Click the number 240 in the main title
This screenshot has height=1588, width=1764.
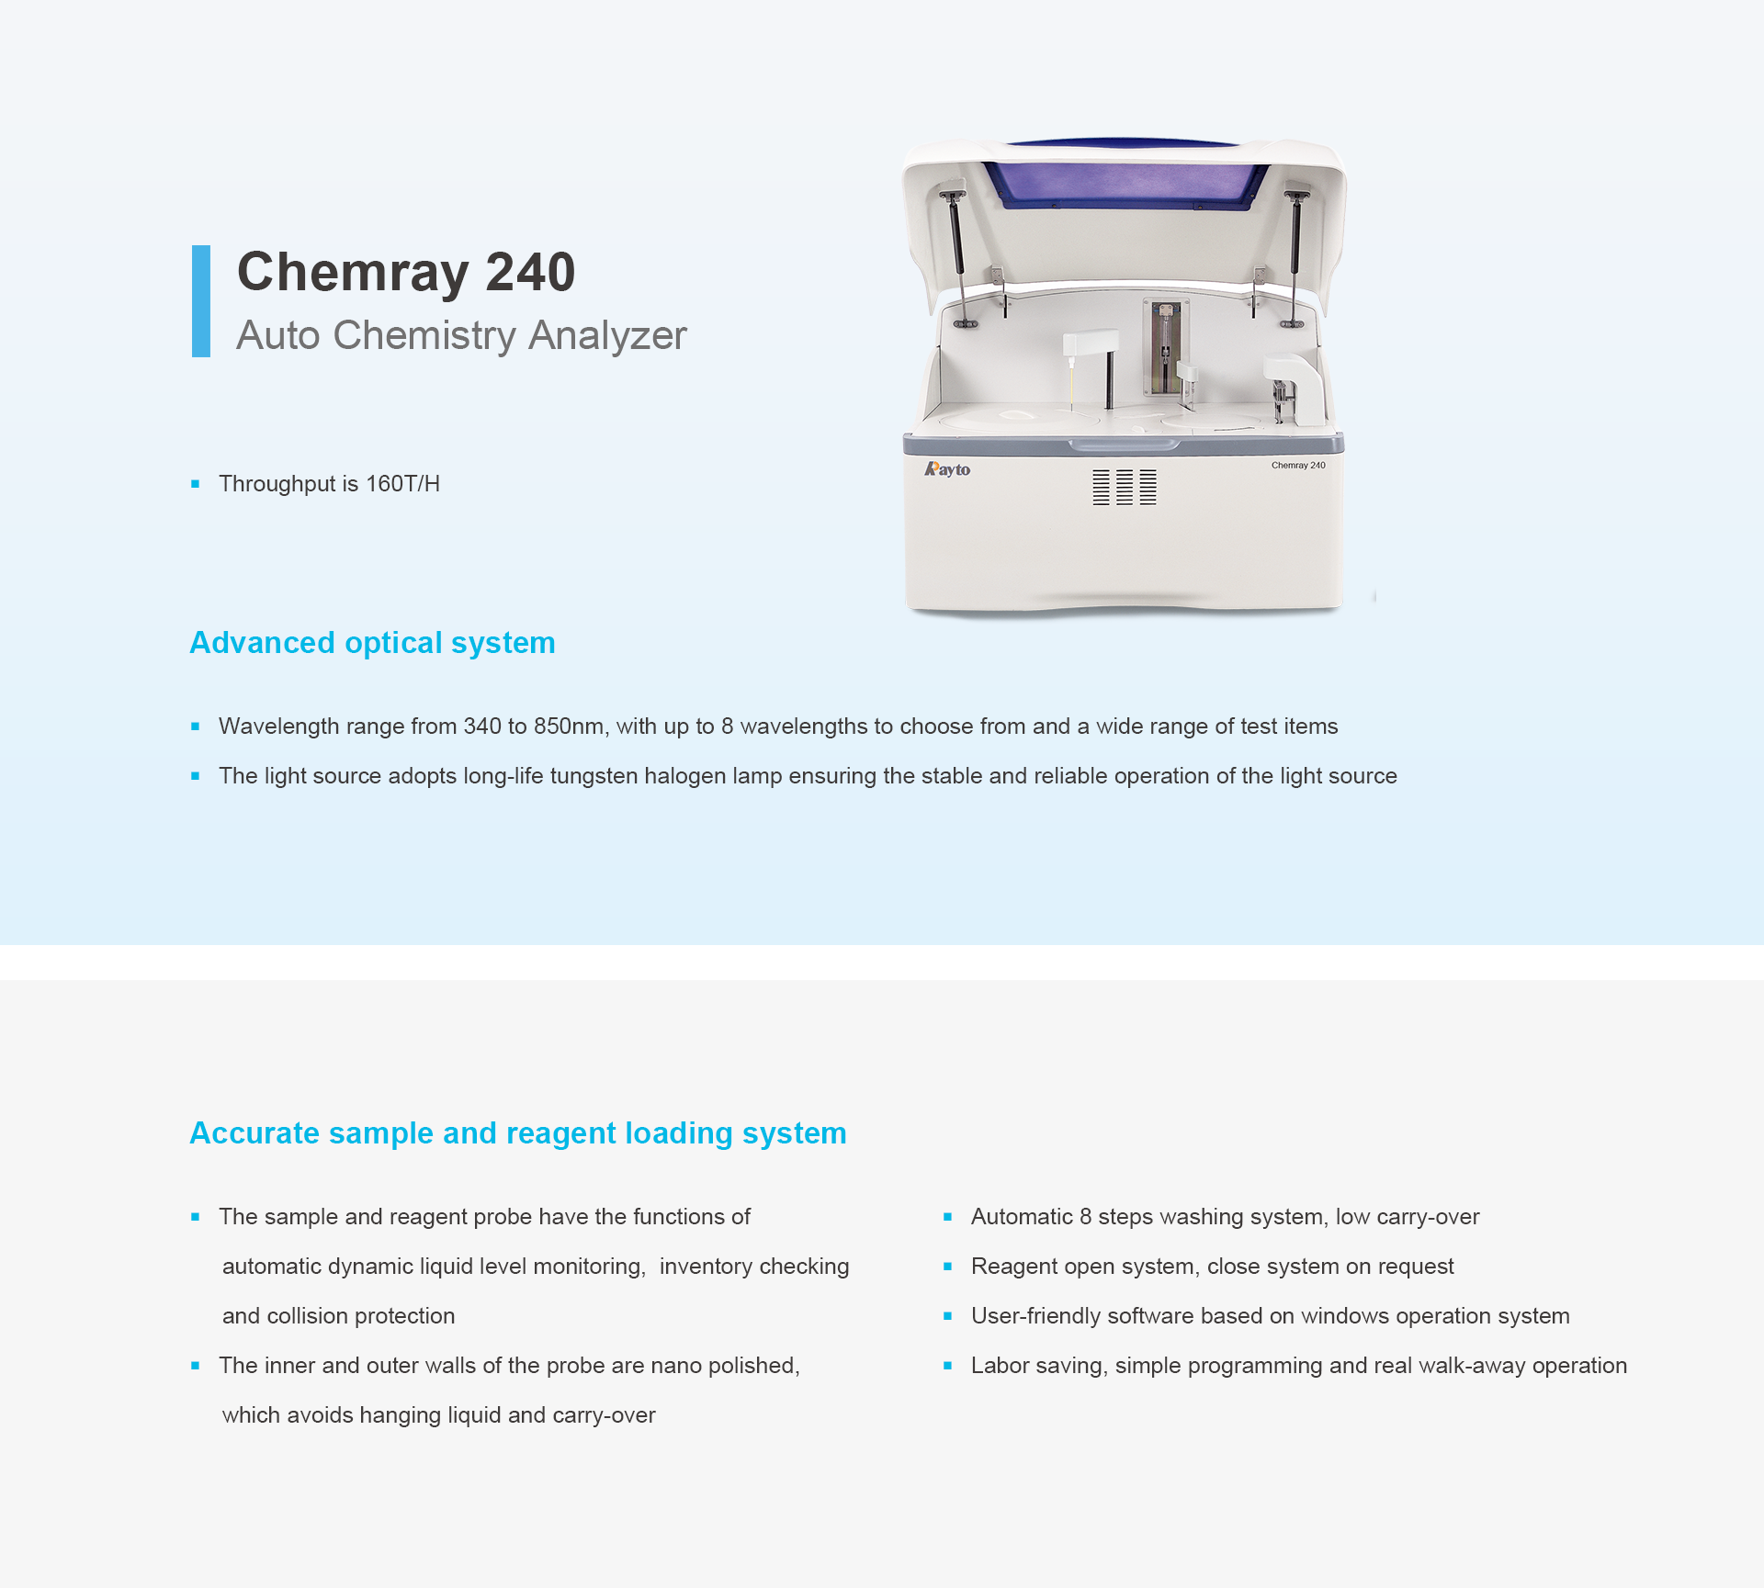point(530,272)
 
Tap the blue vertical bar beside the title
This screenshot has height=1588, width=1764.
point(201,300)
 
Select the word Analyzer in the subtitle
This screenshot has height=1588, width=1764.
point(607,335)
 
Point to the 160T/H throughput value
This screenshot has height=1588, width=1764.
point(402,484)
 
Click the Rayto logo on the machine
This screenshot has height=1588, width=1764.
point(947,469)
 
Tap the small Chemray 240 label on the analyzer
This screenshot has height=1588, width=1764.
point(1298,466)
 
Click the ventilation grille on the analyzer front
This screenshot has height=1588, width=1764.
point(1125,487)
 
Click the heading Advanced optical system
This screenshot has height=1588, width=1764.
point(372,643)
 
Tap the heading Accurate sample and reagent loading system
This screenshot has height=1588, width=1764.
point(518,1133)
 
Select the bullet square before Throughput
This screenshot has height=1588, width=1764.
point(195,484)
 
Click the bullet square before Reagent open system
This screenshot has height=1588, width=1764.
point(947,1267)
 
